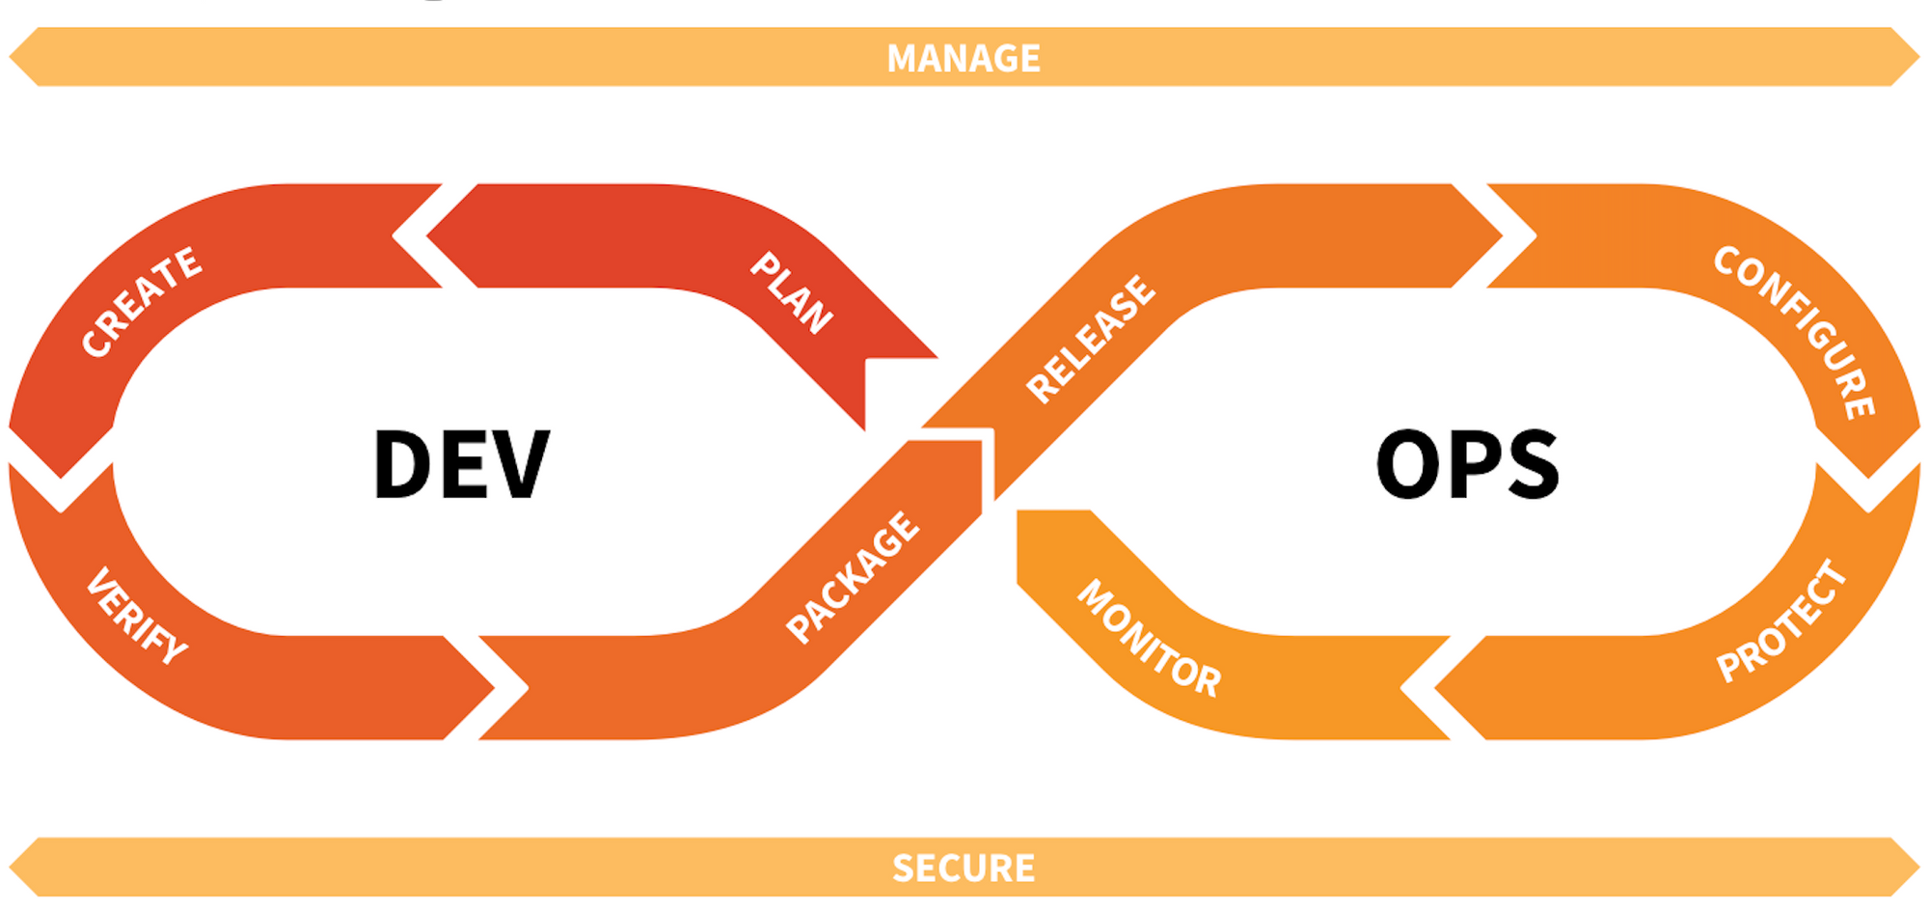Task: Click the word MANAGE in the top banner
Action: [x=964, y=58]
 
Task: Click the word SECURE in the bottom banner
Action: [x=964, y=868]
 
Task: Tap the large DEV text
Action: [x=461, y=464]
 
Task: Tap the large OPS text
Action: [x=1467, y=464]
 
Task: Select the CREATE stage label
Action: [x=142, y=302]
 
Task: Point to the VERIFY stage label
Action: [x=137, y=616]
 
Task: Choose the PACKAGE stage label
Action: [x=853, y=576]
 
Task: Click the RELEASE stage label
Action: [x=1090, y=339]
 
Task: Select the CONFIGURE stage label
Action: [x=1795, y=332]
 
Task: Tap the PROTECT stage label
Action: [x=1781, y=621]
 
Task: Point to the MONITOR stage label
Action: [x=1149, y=638]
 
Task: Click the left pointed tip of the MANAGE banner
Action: [x=10, y=57]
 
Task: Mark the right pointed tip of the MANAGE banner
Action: [x=1919, y=57]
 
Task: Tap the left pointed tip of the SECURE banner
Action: [x=10, y=867]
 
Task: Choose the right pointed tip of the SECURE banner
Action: [x=1919, y=867]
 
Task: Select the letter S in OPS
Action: [x=1531, y=464]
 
